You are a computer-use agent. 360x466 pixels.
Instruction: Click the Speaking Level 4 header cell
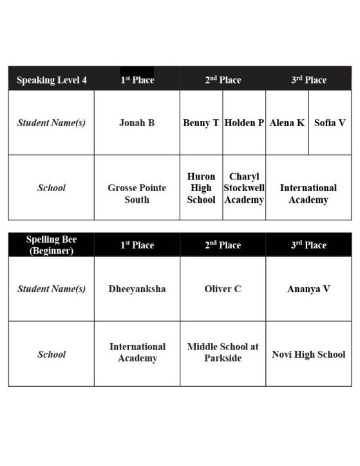pyautogui.click(x=52, y=80)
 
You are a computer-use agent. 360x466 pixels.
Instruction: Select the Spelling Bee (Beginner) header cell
pyautogui.click(x=52, y=245)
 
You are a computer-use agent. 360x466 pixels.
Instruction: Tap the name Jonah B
pyautogui.click(x=137, y=122)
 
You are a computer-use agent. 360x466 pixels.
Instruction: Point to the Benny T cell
pyautogui.click(x=201, y=122)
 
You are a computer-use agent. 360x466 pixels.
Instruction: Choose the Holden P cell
pyautogui.click(x=244, y=122)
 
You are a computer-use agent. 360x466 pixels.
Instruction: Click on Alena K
pyautogui.click(x=287, y=122)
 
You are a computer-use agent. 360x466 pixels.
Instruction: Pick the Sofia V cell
pyautogui.click(x=330, y=122)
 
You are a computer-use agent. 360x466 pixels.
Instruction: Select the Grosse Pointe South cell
pyautogui.click(x=137, y=194)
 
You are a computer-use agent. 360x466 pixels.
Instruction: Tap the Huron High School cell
pyautogui.click(x=201, y=188)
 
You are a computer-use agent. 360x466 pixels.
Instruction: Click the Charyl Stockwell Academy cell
pyautogui.click(x=244, y=188)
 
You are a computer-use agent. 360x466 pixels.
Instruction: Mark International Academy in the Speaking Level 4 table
pyautogui.click(x=308, y=194)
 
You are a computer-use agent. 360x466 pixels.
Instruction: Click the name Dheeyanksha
pyautogui.click(x=137, y=289)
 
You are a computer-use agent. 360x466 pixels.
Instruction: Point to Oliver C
pyautogui.click(x=223, y=289)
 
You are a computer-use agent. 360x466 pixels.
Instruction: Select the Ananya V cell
pyautogui.click(x=308, y=289)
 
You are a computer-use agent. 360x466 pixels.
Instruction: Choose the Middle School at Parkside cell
pyautogui.click(x=223, y=352)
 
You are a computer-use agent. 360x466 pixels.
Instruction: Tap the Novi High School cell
pyautogui.click(x=308, y=354)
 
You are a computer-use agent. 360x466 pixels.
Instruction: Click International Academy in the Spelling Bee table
pyautogui.click(x=137, y=352)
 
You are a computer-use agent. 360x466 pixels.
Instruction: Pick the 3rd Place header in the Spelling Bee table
pyautogui.click(x=308, y=245)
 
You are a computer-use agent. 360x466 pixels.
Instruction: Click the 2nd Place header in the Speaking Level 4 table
pyautogui.click(x=223, y=80)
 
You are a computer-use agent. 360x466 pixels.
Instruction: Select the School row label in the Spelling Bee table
pyautogui.click(x=52, y=354)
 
